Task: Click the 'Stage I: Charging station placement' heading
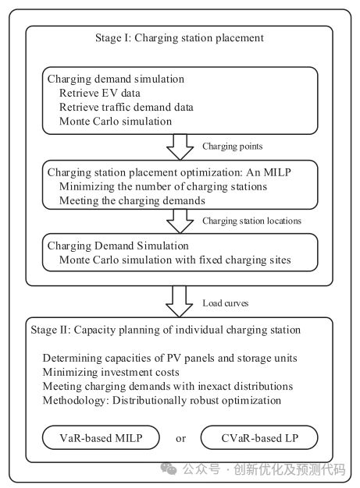(180, 38)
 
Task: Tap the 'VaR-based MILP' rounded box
(101, 437)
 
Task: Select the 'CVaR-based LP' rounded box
(259, 437)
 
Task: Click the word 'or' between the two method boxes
(180, 439)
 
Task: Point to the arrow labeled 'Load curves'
(180, 301)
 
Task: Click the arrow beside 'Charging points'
(180, 147)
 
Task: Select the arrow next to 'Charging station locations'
(180, 221)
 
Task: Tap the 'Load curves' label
(226, 303)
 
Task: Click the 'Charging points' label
(233, 147)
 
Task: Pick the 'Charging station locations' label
(252, 221)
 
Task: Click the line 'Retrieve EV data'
(100, 93)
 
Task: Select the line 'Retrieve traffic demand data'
(127, 107)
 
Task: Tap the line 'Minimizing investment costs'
(111, 372)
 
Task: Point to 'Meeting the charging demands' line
(132, 200)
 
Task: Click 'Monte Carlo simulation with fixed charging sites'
(175, 260)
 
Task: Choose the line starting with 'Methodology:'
(162, 400)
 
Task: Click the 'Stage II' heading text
(166, 330)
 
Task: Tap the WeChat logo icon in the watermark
(169, 469)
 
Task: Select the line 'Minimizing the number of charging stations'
(163, 186)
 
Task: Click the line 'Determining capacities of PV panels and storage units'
(170, 358)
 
